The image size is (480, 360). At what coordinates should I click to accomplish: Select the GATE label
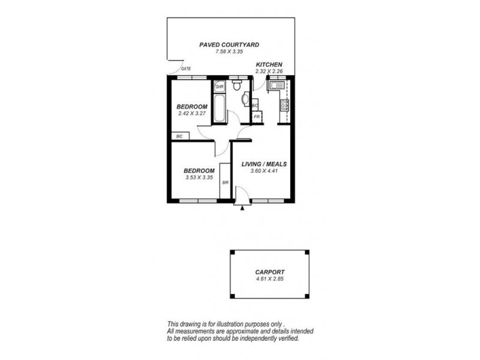pos(186,69)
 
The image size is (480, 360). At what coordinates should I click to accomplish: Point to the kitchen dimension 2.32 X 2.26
pos(269,71)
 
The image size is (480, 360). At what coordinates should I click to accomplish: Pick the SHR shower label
pos(219,86)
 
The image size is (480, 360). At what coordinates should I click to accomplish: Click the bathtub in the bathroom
pos(219,108)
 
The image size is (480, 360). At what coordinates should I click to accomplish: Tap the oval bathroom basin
pos(244,99)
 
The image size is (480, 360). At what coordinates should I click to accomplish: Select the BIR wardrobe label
pos(226,182)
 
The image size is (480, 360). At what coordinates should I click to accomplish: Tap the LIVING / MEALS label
pos(264,164)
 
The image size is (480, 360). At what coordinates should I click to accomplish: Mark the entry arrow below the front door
pos(242,209)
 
